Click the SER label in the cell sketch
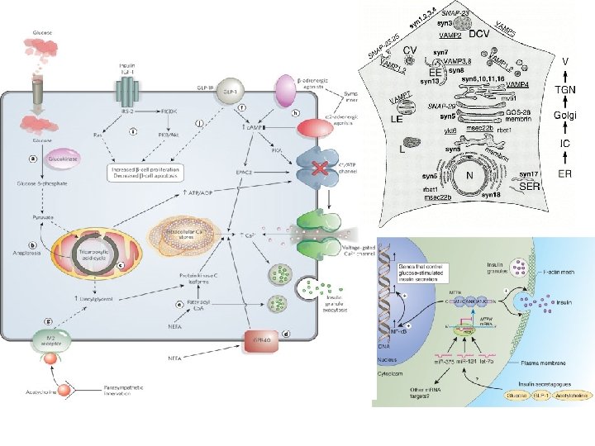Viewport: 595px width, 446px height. [x=530, y=188]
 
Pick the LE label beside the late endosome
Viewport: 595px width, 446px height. [x=396, y=119]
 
